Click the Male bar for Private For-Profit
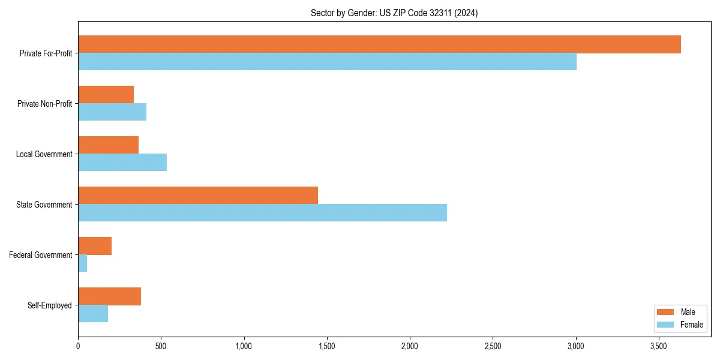379,44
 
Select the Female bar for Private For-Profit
327,62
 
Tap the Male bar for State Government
198,196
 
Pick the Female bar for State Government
262,213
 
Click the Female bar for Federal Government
83,263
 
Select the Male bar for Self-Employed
109,296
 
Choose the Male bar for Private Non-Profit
106,95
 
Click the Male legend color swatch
666,312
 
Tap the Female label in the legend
691,325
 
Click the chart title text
394,13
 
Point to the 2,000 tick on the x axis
410,346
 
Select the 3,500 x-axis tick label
659,346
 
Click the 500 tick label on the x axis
161,346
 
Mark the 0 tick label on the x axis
78,346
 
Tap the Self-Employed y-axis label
50,305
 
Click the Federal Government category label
41,255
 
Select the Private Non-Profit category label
44,104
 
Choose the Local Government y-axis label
44,154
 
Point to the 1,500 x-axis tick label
327,346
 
